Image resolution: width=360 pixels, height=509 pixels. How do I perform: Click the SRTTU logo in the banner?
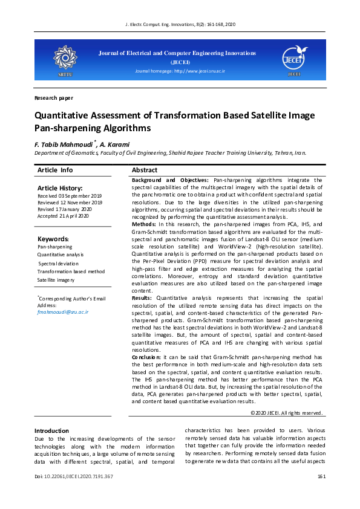(x=64, y=59)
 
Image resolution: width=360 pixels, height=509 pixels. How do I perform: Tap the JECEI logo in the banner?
(x=294, y=59)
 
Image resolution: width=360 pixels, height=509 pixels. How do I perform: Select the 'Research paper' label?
(x=54, y=97)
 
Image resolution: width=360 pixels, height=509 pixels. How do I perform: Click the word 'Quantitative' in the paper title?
(x=59, y=115)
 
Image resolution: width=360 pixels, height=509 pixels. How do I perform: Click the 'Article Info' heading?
(x=55, y=170)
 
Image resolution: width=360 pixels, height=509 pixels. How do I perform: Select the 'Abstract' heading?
(x=145, y=170)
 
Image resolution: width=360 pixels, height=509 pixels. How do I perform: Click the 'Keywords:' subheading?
(x=53, y=239)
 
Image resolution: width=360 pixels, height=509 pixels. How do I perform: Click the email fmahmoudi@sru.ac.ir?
(x=62, y=312)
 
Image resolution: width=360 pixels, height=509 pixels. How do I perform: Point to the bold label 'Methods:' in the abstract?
(x=144, y=224)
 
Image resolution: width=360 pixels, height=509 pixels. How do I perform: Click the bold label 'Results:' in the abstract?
(x=143, y=298)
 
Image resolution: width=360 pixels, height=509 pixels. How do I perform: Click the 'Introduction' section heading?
(x=52, y=431)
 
